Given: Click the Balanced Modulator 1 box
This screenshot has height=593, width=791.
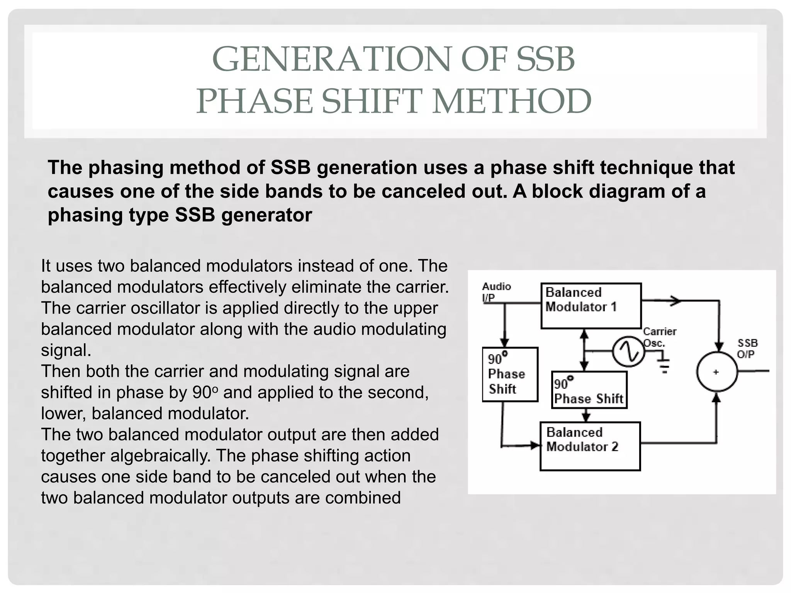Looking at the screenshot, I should (x=591, y=306).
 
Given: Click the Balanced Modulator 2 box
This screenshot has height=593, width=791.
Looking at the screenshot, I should (x=590, y=446).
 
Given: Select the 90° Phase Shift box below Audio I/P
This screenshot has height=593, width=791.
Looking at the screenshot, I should (x=510, y=374).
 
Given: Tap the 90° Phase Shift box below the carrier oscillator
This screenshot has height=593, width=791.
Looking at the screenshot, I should (x=589, y=390).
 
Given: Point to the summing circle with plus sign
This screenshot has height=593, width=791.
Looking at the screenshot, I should (x=716, y=372).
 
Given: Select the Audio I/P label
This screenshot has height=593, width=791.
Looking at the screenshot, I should (x=496, y=292).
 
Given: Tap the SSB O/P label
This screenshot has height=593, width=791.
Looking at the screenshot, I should (x=747, y=348).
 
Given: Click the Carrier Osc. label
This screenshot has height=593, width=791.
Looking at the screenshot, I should (x=659, y=337).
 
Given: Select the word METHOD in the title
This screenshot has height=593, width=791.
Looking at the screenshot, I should (x=511, y=101).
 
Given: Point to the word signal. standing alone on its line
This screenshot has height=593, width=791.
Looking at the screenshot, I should (x=66, y=350).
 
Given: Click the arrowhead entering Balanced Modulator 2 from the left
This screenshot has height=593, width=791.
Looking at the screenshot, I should (x=535, y=446).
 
